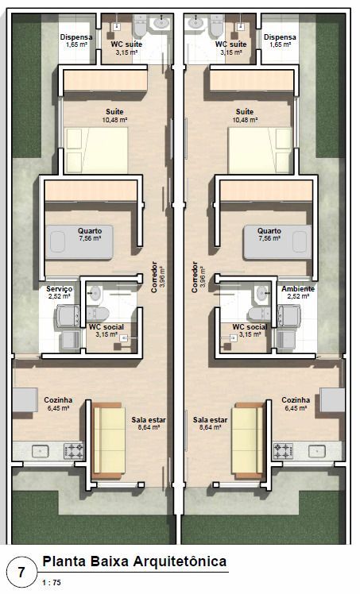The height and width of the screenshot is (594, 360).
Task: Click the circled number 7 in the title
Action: click(22, 572)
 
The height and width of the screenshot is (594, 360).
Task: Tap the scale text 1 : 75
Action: click(51, 583)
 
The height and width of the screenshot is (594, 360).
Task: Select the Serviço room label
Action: click(59, 289)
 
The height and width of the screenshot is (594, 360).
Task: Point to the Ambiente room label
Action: click(298, 289)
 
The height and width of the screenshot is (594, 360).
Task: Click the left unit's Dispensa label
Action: click(76, 37)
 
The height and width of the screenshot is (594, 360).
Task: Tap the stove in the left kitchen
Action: click(74, 451)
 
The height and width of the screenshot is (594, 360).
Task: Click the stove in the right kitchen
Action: click(283, 451)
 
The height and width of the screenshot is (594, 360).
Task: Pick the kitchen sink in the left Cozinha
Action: click(40, 451)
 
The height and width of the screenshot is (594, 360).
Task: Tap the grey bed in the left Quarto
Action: click(79, 242)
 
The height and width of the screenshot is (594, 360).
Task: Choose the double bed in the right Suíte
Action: click(260, 150)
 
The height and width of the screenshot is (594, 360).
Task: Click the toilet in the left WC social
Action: click(98, 314)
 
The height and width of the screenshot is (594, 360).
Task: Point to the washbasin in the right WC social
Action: click(261, 293)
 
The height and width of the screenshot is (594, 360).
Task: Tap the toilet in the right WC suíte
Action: click(218, 25)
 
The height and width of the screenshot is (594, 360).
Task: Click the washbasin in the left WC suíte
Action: click(161, 22)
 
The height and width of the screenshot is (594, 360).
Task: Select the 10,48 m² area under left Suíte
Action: click(114, 120)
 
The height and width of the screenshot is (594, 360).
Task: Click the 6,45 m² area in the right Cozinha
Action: click(296, 408)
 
